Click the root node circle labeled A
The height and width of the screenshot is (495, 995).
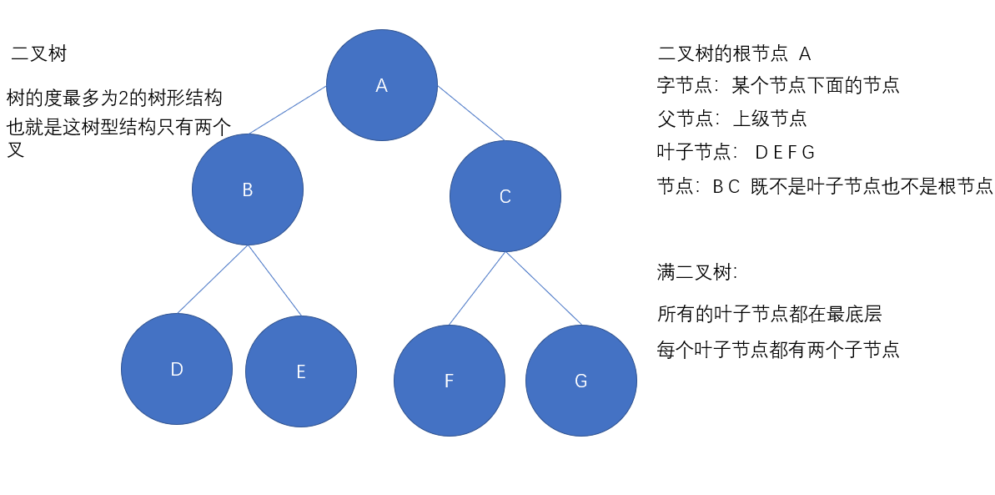[x=381, y=85]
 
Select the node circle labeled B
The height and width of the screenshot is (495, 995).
[x=247, y=189]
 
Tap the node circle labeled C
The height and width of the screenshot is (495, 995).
[x=505, y=196]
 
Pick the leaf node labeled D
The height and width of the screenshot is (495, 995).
[x=176, y=369]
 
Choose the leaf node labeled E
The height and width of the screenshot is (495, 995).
[x=300, y=371]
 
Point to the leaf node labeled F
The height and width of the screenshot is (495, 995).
[x=449, y=381]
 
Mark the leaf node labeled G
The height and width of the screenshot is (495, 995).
[x=580, y=381]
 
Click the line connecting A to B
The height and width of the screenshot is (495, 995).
[x=288, y=109]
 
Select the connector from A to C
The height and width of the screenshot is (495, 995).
[x=471, y=112]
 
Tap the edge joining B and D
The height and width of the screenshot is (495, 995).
[x=212, y=280]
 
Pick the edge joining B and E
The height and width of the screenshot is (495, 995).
[x=274, y=281]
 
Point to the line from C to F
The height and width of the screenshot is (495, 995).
[x=477, y=288]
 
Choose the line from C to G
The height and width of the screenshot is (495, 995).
[x=543, y=288]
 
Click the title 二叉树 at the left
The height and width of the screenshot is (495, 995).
[x=39, y=54]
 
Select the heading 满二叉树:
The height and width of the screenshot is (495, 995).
[x=697, y=272]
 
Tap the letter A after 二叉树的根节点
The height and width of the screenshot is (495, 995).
[x=805, y=54]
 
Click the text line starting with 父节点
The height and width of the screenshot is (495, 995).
[x=731, y=119]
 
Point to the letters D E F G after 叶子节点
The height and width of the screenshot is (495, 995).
[x=784, y=153]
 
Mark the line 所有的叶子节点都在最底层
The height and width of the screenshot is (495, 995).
[x=769, y=315]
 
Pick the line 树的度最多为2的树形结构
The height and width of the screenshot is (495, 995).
[x=114, y=98]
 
